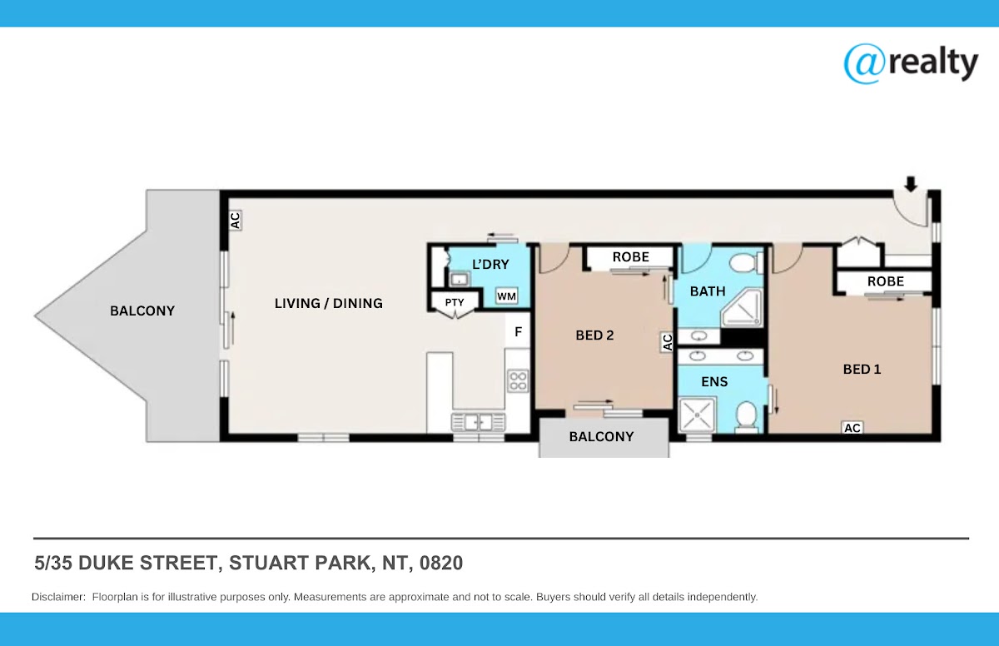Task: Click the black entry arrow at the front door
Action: tap(911, 184)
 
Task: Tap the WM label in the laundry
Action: tap(507, 296)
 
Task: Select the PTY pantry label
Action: tap(455, 302)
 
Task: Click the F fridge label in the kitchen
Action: tap(518, 331)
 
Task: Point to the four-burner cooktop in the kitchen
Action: tap(518, 381)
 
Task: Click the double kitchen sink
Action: tap(478, 422)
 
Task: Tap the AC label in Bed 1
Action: tap(852, 428)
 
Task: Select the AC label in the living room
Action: tap(235, 221)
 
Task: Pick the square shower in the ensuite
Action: tap(696, 415)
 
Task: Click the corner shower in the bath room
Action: tap(742, 308)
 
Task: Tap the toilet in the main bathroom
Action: tap(746, 262)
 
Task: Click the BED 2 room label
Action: tap(594, 335)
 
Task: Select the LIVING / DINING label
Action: tap(329, 304)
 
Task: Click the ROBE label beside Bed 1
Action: tap(886, 281)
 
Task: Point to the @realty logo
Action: tap(911, 64)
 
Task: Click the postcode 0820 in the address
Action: tap(441, 563)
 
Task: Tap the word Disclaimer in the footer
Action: tap(58, 597)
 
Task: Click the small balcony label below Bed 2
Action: tap(601, 436)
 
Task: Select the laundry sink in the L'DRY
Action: tap(459, 280)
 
